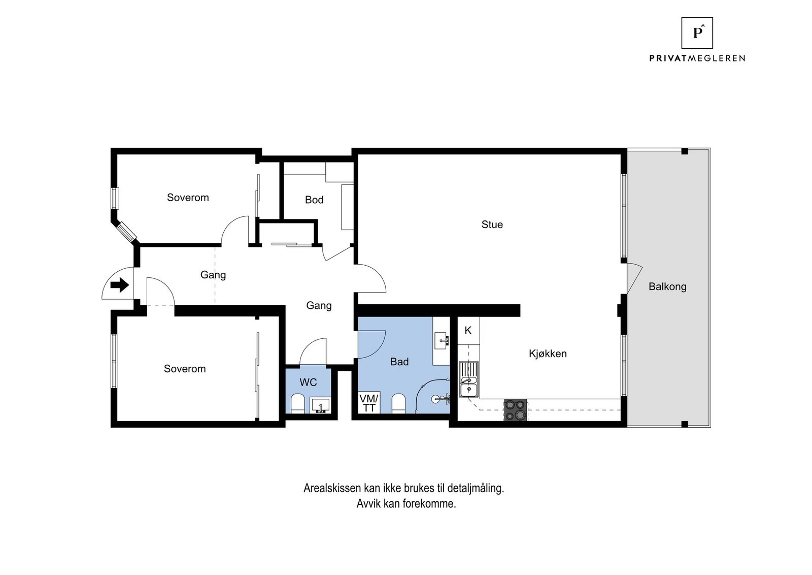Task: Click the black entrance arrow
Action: tap(120, 285)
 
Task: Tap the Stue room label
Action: tap(492, 225)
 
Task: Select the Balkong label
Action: tap(667, 286)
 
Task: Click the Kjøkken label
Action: tap(548, 354)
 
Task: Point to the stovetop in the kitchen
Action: tap(516, 410)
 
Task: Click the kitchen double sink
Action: tap(469, 379)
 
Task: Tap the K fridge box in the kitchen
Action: tap(468, 331)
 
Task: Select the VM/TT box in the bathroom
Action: tap(369, 403)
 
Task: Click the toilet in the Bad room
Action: tap(398, 403)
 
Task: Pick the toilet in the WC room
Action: tap(298, 404)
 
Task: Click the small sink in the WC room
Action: tap(320, 405)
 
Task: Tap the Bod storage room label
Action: tap(314, 200)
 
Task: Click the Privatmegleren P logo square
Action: tap(697, 33)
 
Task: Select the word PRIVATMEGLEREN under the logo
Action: tap(697, 58)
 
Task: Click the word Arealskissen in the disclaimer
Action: tap(332, 488)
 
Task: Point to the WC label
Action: tap(308, 382)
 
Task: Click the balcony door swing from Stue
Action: tap(635, 278)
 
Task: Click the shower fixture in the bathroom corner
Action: tap(441, 399)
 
